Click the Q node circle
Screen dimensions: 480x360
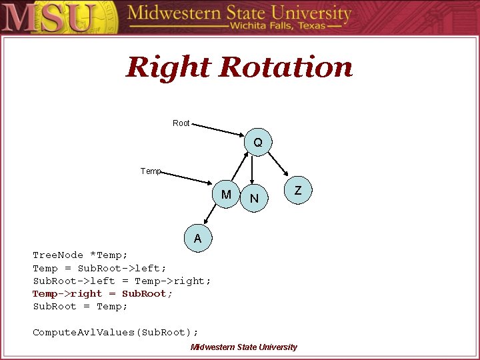pos(257,143)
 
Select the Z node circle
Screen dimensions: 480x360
pos(298,191)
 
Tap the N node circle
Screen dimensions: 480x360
pos(254,198)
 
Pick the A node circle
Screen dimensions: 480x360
pos(197,238)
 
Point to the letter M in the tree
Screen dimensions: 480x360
pos(227,195)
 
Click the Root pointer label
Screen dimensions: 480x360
pos(181,123)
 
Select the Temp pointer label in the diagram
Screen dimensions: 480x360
pos(151,171)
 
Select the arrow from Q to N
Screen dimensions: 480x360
pos(253,170)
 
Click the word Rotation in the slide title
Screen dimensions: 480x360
pos(285,67)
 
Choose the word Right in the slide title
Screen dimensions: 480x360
pos(168,67)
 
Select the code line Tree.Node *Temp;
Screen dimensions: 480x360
pos(80,255)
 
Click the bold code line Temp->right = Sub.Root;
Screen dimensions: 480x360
pos(103,294)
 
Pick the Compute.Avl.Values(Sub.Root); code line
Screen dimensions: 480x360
pos(115,332)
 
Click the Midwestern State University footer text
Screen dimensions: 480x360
pos(243,347)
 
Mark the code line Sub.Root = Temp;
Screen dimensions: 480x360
pos(80,307)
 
